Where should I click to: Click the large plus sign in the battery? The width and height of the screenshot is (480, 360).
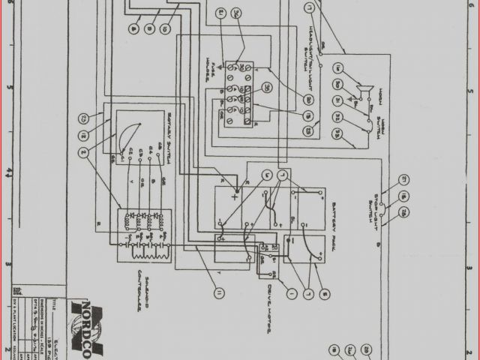pyautogui.click(x=235, y=199)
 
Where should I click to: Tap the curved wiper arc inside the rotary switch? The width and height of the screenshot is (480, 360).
pyautogui.click(x=127, y=135)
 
